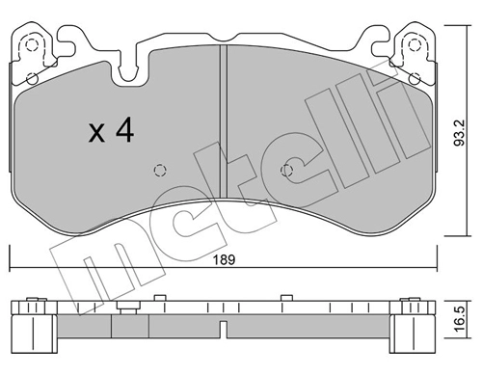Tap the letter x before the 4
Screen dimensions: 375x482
[96, 135]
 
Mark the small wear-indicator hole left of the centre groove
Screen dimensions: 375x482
[160, 170]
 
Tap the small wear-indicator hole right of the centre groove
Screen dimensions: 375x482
[285, 170]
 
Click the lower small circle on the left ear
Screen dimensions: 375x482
[31, 78]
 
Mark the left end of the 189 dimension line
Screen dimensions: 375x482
[10, 271]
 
